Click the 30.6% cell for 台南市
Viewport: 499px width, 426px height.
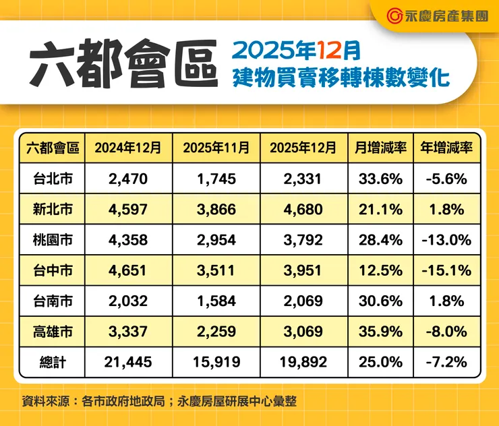(380, 301)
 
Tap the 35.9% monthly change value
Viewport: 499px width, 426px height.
(380, 332)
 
